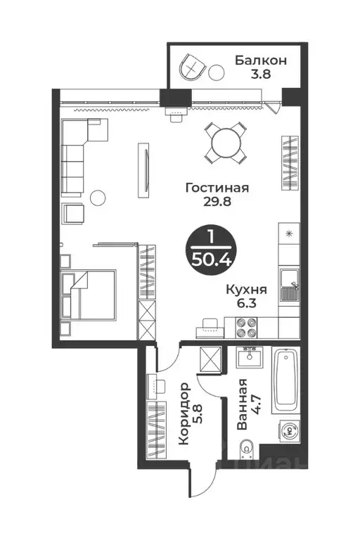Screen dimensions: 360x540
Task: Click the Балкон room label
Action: (260, 60)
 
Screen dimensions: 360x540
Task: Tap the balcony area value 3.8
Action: (261, 74)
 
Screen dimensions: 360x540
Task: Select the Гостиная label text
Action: (217, 188)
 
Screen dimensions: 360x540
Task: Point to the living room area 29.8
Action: (217, 201)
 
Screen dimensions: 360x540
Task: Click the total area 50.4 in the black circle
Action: (211, 259)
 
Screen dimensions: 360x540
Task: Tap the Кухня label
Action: (246, 290)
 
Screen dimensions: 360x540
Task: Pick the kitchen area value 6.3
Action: (247, 304)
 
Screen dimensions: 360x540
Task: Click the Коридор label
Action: (184, 413)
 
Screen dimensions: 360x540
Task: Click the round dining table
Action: (226, 143)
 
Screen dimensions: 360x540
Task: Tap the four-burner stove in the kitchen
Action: (246, 328)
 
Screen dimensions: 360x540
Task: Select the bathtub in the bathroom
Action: (285, 380)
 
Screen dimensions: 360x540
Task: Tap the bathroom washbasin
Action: (249, 357)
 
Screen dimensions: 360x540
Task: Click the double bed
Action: (89, 295)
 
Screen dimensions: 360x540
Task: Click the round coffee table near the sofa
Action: (98, 198)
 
